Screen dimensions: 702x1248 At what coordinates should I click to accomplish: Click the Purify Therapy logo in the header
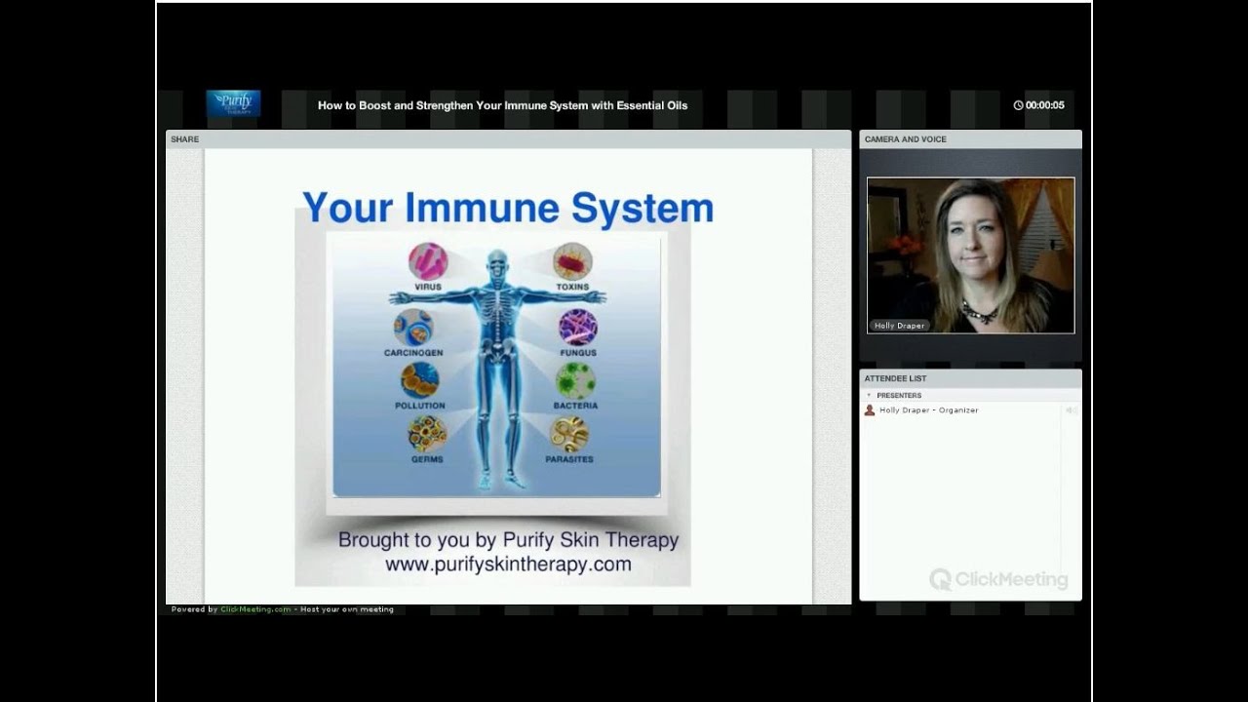233,103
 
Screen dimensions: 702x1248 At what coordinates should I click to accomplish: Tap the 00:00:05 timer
1039,105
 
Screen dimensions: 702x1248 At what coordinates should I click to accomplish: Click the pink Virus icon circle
428,261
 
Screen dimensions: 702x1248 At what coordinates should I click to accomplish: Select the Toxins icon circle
572,261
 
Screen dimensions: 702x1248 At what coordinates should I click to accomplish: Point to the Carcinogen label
413,353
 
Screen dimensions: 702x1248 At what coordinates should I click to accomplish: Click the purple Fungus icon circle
578,328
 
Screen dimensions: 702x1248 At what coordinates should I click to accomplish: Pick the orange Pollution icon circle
419,380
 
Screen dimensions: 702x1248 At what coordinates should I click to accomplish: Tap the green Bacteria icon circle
575,381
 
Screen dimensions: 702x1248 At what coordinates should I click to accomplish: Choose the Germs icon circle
427,433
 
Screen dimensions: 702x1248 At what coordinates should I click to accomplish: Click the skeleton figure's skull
497,262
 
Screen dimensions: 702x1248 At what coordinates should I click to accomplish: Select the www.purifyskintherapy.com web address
508,564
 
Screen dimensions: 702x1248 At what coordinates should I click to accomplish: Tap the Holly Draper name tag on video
899,326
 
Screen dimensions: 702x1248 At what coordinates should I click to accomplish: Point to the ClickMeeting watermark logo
998,579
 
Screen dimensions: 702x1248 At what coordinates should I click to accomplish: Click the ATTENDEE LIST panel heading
895,378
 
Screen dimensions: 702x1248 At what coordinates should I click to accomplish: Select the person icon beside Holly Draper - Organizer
870,410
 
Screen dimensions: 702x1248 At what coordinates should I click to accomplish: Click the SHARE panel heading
184,139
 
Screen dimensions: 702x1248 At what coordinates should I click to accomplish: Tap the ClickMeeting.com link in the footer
255,609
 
